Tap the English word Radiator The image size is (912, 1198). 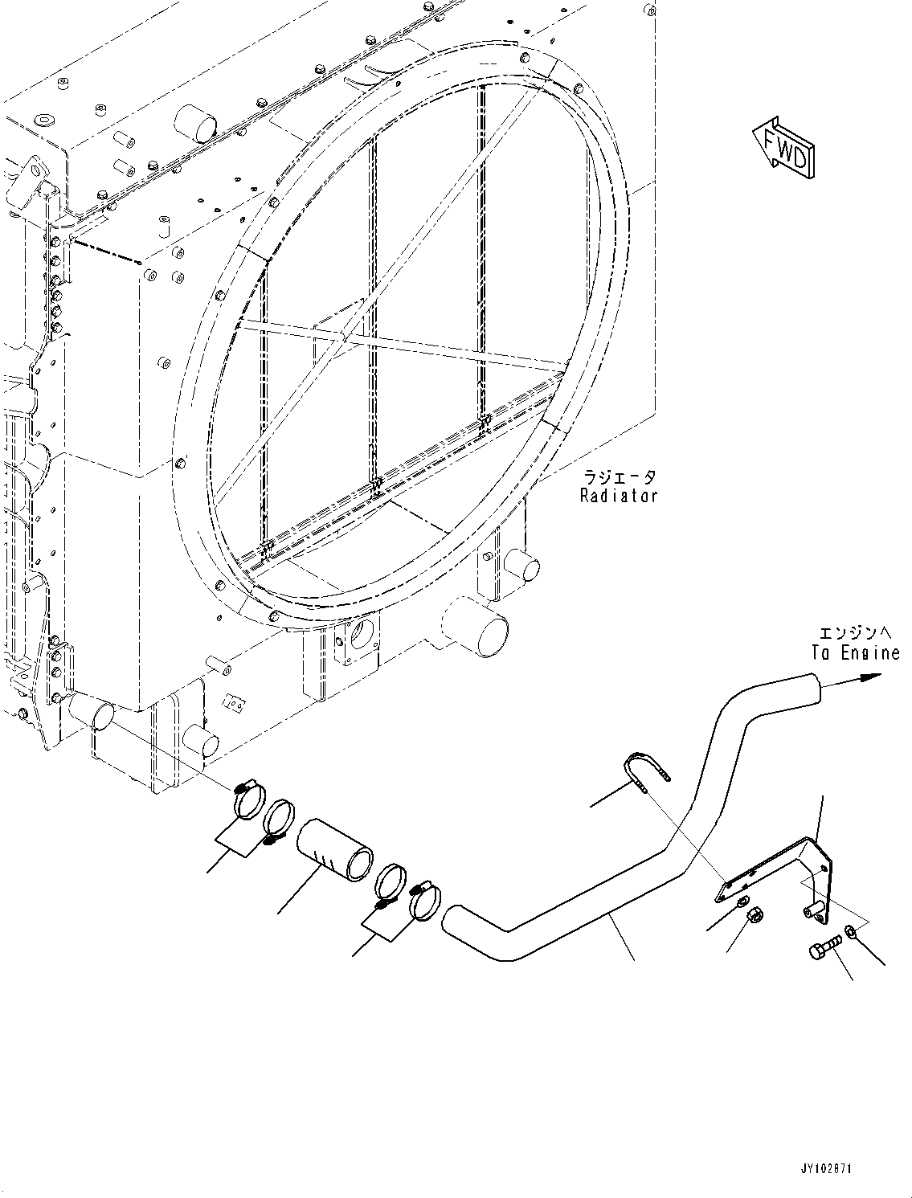[619, 496]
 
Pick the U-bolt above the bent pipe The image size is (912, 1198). [648, 773]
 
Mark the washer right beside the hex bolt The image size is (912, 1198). [851, 935]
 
